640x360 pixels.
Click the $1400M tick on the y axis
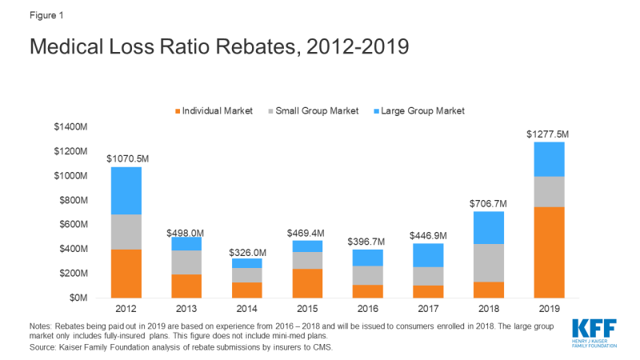coord(68,127)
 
